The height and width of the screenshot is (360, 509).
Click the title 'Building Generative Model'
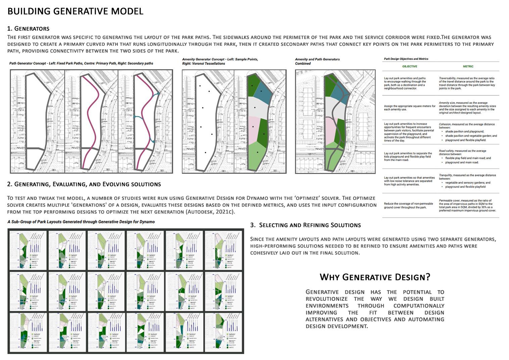pyautogui.click(x=75, y=11)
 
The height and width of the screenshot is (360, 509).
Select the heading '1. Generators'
pyautogui.click(x=28, y=29)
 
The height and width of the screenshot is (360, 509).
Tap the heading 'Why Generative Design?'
pyautogui.click(x=375, y=277)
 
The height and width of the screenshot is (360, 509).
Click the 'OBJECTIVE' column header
pyautogui.click(x=410, y=66)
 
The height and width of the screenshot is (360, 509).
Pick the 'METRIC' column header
pyautogui.click(x=468, y=66)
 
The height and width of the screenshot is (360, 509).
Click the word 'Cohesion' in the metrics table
pyautogui.click(x=445, y=124)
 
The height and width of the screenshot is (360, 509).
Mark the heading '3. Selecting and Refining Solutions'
pyautogui.click(x=305, y=225)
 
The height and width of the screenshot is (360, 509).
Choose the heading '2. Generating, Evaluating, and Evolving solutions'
pyautogui.click(x=84, y=184)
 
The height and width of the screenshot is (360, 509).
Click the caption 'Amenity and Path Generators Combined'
pyautogui.click(x=317, y=61)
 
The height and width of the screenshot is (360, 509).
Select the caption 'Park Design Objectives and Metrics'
pyautogui.click(x=406, y=59)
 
